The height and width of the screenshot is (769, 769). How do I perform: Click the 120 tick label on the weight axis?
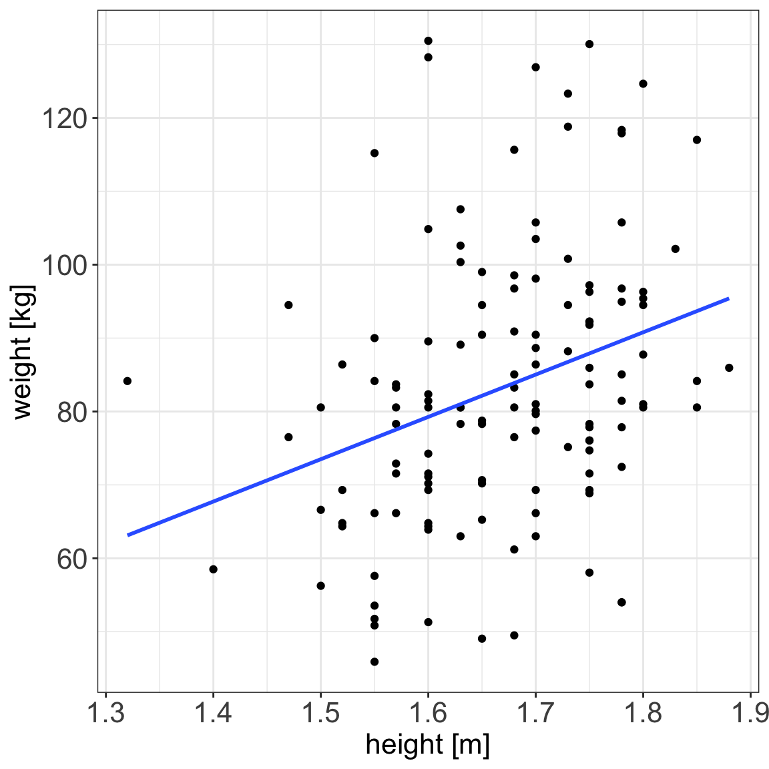tap(64, 119)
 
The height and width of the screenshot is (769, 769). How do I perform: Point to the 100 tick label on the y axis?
tap(64, 266)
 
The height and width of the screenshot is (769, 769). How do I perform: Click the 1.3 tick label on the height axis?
tap(106, 713)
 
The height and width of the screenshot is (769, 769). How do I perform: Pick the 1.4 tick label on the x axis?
tap(213, 713)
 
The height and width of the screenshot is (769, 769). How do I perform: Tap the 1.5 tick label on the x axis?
tap(320, 713)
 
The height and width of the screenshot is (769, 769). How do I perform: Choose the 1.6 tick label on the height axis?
tap(428, 713)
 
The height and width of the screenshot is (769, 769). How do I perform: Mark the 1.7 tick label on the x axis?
tap(535, 713)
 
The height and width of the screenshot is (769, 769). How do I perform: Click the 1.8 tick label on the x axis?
tap(643, 713)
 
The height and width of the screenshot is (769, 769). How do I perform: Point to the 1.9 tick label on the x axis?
tap(749, 713)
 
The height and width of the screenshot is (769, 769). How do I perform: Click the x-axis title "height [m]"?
tap(428, 744)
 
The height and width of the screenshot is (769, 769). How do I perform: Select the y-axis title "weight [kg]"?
tap(23, 351)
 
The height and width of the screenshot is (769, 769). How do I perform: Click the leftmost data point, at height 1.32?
tap(127, 381)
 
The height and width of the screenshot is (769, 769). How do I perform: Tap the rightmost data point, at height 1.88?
tap(729, 368)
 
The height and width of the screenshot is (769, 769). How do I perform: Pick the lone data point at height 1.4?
tap(214, 569)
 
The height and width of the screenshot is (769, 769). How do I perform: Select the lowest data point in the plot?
tap(374, 662)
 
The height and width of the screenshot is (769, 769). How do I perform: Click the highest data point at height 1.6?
tap(428, 41)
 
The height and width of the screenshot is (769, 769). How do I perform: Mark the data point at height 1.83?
tap(675, 249)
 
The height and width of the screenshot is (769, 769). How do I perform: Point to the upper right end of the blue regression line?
tap(728, 298)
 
